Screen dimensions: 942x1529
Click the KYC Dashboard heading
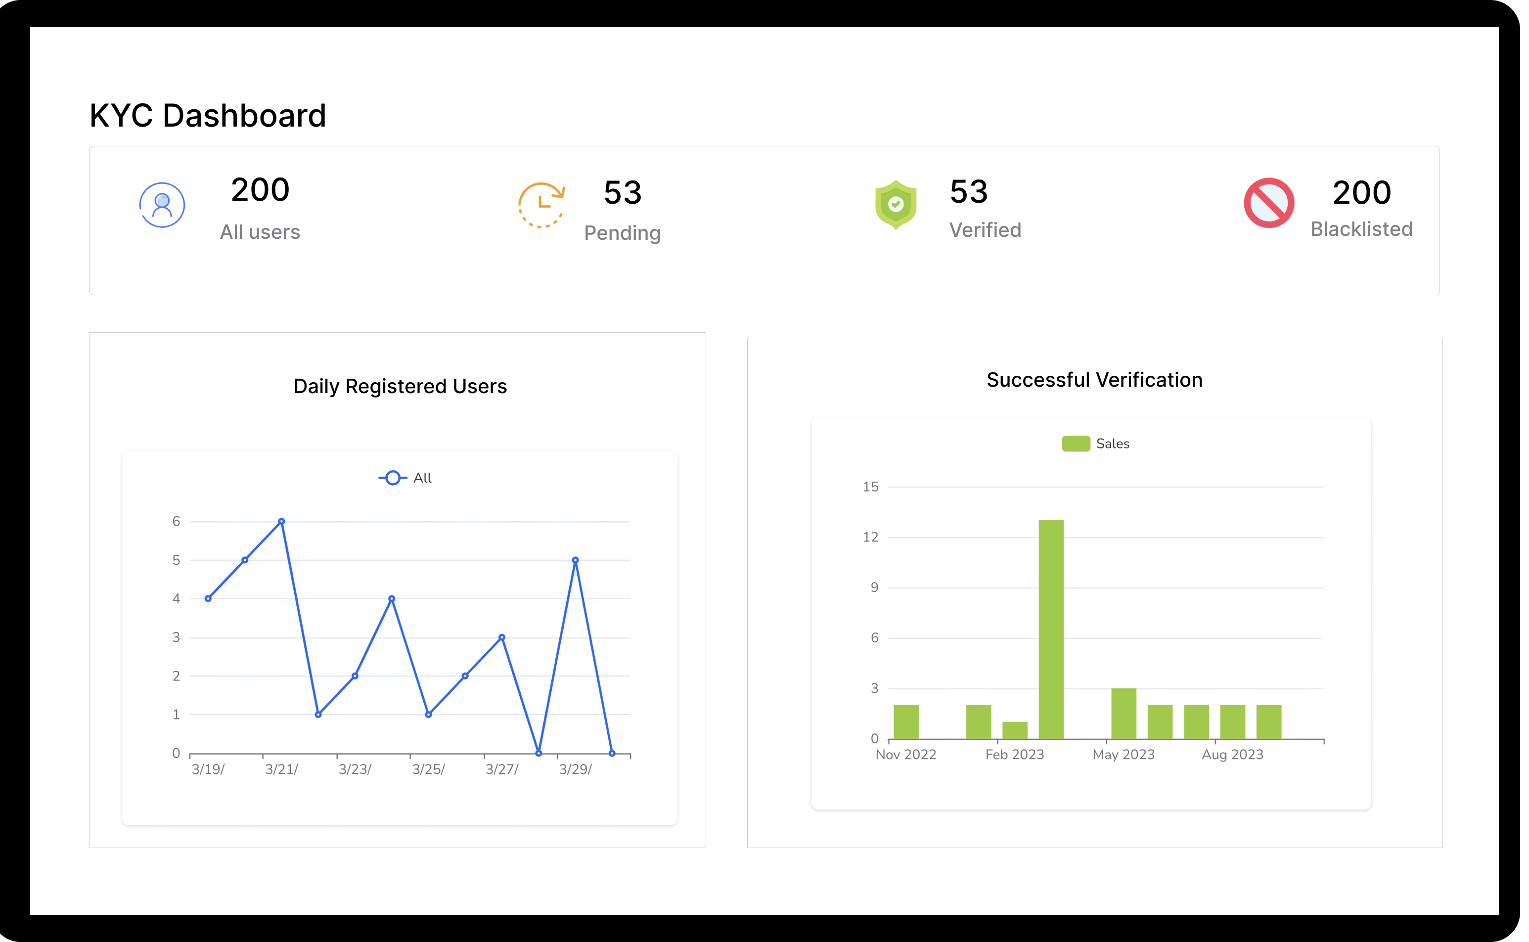(x=208, y=116)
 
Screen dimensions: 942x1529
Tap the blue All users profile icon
(x=162, y=205)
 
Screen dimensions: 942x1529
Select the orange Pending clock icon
(x=541, y=205)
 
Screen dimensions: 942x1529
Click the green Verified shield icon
(x=896, y=204)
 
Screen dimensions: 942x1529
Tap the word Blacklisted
(x=1361, y=229)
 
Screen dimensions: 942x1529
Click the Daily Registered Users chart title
(x=400, y=386)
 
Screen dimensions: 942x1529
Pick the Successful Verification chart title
(x=1094, y=380)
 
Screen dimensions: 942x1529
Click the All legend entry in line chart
(x=405, y=478)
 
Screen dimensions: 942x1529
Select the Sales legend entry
(x=1095, y=444)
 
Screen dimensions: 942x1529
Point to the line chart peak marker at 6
(x=282, y=522)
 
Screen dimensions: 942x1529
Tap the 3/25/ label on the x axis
(x=428, y=769)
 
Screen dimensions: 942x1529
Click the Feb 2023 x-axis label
(x=1014, y=755)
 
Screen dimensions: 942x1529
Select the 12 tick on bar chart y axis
(x=870, y=537)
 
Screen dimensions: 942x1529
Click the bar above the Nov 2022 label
(x=905, y=721)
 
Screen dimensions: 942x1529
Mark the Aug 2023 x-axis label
(x=1232, y=755)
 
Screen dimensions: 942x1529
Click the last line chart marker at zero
(x=612, y=753)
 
